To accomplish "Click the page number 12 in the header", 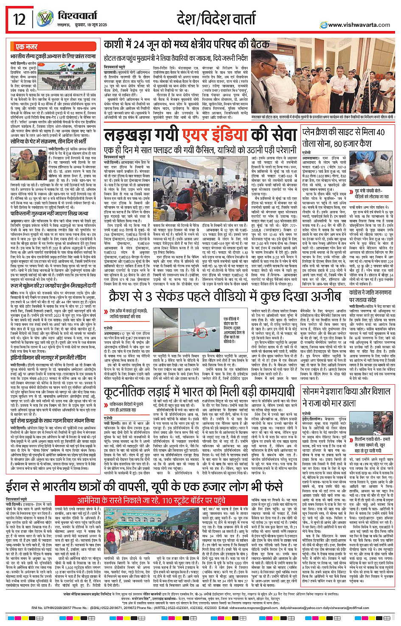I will click(20, 19).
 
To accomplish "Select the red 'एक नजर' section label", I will click(26, 47).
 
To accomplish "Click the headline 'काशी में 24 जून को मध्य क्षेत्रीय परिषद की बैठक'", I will click(186, 45).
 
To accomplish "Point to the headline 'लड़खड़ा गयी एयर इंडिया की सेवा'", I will click(200, 135).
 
